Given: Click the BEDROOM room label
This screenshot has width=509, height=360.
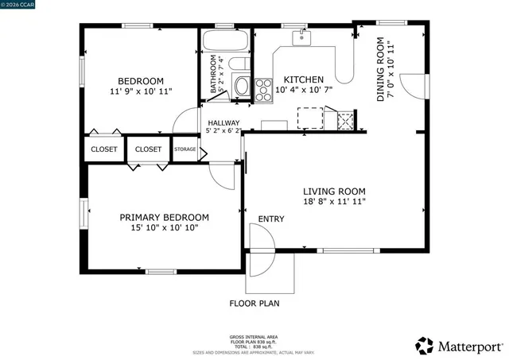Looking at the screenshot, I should coord(141,80).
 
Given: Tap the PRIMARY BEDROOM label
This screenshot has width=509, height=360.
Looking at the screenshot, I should coord(164,217).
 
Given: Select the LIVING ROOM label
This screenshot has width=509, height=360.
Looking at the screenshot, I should coord(333,191).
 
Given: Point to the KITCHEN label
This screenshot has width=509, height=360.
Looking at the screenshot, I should coord(304,79).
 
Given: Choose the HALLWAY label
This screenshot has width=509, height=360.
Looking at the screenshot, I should coord(223,122).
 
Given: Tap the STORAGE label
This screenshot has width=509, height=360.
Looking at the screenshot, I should coord(185,149).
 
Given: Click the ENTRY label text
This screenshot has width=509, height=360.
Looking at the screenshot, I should coord(270,219).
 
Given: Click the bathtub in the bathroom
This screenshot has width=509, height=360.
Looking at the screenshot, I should coord(226,41).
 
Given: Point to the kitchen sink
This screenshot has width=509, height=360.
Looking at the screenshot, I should coord(301,37).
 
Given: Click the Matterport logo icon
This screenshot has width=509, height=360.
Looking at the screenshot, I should coord(425,346).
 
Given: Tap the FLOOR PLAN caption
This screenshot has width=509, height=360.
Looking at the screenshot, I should coord(254,303).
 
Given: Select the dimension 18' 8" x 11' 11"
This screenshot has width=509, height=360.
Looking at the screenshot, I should coord(333,202).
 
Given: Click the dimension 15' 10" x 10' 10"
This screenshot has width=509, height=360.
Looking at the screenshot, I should coord(164,228).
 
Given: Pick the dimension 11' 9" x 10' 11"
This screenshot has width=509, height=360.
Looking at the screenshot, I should coord(141,91).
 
